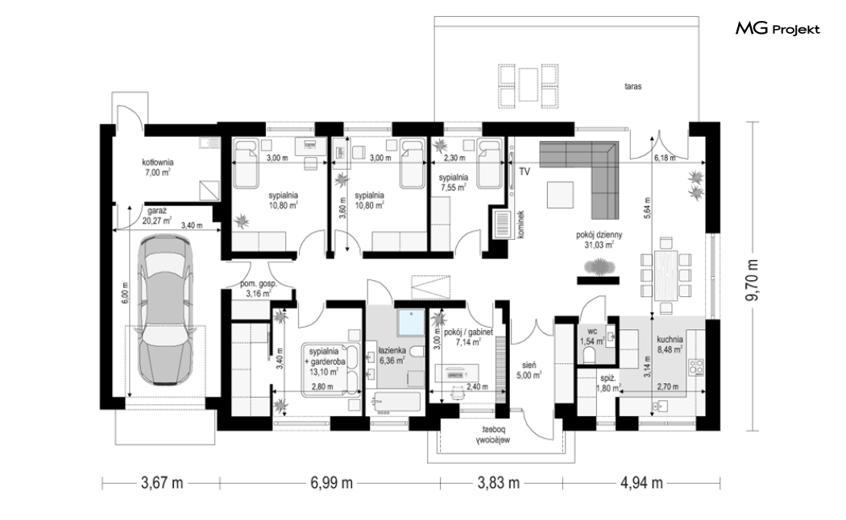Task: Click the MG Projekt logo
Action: (778, 28)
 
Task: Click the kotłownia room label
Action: (158, 167)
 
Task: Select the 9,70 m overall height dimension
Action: (753, 279)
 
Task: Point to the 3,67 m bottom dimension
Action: (162, 483)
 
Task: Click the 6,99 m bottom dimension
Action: (331, 483)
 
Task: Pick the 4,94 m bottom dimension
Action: (641, 483)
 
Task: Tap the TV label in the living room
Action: (524, 172)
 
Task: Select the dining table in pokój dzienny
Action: (666, 275)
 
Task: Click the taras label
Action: (632, 86)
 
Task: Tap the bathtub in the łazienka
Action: (396, 402)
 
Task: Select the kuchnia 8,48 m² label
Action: (670, 344)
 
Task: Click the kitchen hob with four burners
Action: (695, 367)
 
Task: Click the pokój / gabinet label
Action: (468, 337)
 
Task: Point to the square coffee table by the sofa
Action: (560, 195)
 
